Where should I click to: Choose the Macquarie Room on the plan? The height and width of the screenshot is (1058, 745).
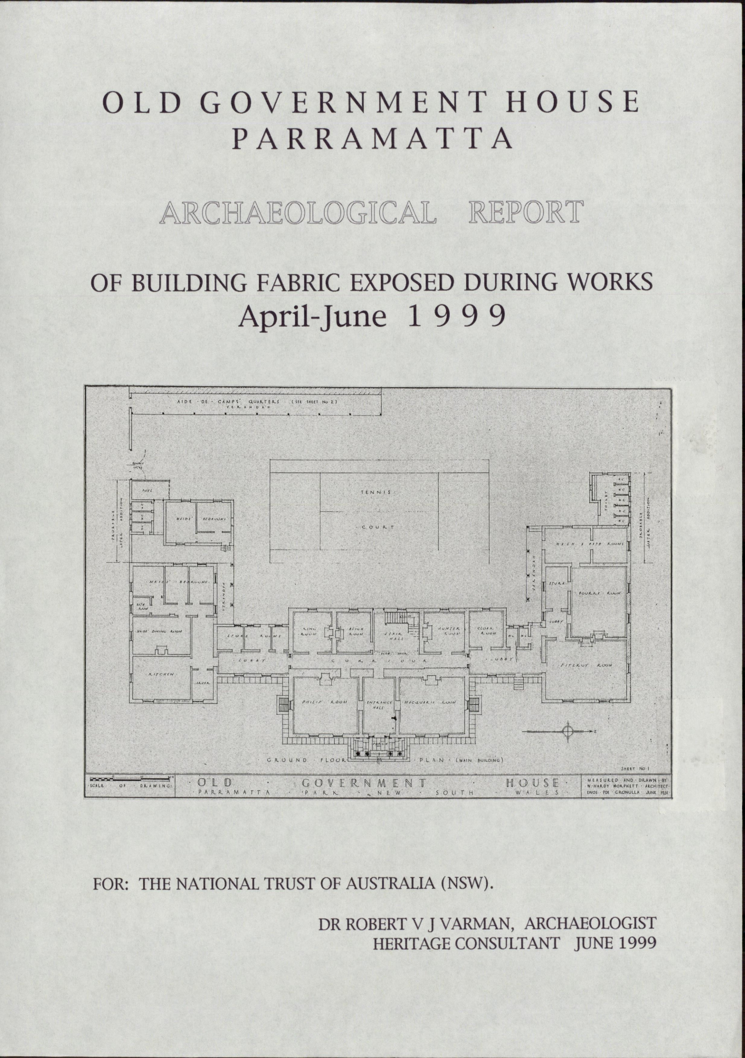pos(430,703)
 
